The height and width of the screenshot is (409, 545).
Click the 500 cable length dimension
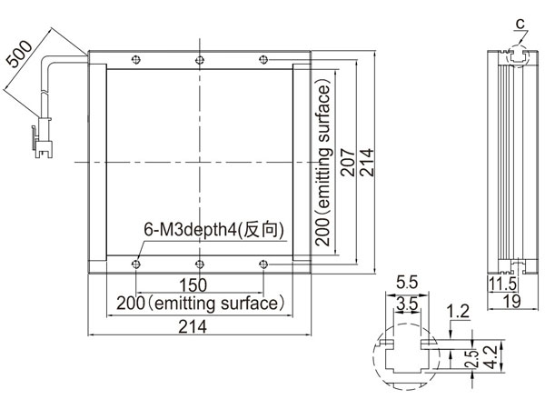19,54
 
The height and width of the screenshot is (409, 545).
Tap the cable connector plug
43,138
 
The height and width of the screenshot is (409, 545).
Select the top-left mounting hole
136,60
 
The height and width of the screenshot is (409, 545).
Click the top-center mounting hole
200,60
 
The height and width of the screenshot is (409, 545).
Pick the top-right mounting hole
263,60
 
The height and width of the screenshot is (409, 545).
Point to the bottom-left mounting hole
136,264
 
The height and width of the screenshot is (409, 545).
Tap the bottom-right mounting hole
263,264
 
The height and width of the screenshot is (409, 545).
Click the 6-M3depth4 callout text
213,230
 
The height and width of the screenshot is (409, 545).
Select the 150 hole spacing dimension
193,284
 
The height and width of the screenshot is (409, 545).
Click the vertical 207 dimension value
348,163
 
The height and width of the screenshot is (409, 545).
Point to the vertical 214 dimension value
367,163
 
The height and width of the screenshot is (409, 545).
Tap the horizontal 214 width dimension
193,326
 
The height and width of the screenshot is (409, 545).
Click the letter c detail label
520,24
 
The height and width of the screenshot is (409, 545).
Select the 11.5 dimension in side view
502,284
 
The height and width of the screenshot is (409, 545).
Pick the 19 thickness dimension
512,301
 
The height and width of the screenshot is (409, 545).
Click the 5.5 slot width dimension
407,283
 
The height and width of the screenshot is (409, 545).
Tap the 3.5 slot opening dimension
407,304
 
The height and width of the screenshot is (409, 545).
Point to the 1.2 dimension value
458,311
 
